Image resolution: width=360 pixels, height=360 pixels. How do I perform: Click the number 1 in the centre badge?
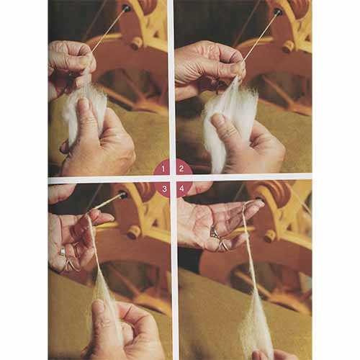point(163,169)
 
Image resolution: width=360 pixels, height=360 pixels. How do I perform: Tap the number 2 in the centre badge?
point(181,168)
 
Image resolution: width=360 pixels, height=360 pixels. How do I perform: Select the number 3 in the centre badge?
point(164,189)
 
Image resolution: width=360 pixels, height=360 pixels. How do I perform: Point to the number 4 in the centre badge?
point(181,189)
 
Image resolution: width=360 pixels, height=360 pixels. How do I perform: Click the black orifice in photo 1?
point(125,9)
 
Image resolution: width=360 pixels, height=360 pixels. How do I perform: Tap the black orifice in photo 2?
point(278,12)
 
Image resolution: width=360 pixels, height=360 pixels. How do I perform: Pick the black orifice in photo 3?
point(122,194)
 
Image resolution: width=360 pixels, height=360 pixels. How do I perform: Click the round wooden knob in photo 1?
point(138,44)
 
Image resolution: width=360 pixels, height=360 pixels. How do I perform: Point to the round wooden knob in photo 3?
point(134,232)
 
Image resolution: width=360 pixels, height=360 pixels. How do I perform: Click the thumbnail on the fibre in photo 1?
point(84,103)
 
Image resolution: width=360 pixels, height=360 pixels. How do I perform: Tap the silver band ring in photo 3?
point(63,251)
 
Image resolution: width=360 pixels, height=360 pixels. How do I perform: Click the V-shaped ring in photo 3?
point(71,264)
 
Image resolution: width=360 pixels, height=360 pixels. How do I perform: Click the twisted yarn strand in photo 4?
point(250,252)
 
